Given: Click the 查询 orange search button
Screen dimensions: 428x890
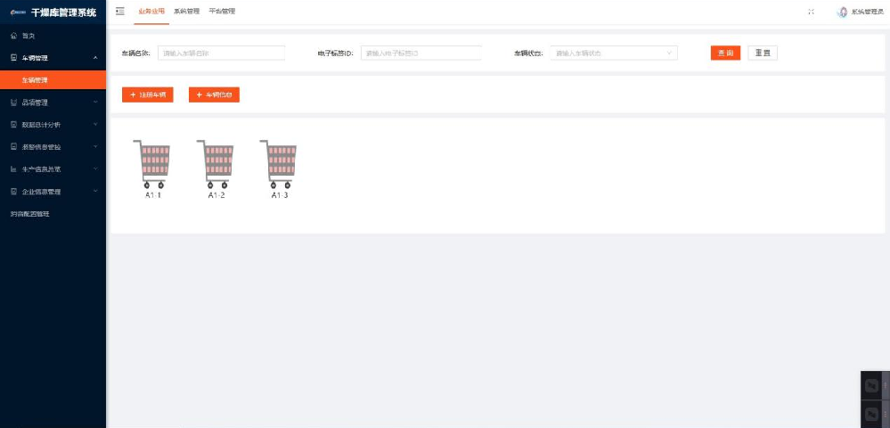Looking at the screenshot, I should (x=725, y=53).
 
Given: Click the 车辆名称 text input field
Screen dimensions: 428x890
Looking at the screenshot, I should (x=221, y=53).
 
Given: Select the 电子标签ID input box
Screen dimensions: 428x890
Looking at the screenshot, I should (x=421, y=53).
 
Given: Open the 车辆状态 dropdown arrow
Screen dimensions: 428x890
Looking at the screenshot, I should (x=669, y=53).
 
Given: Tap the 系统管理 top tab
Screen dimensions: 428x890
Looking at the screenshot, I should (x=186, y=12).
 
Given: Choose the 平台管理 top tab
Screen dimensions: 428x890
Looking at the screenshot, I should (x=222, y=12).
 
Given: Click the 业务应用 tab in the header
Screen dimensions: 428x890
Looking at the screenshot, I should (x=151, y=12).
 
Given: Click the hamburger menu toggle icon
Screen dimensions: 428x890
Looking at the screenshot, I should (x=120, y=12).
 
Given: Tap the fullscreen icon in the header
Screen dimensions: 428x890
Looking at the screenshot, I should (x=811, y=12).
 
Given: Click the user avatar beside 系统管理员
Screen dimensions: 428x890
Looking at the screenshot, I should (x=842, y=12).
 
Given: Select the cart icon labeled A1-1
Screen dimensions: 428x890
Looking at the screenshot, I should (x=151, y=164).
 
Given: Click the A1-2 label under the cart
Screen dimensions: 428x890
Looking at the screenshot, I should (x=216, y=195).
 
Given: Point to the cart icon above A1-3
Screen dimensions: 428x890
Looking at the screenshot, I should (x=279, y=164).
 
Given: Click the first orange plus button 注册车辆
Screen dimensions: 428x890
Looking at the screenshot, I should (x=147, y=95).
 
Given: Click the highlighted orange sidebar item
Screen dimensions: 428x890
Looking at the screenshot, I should (x=53, y=79).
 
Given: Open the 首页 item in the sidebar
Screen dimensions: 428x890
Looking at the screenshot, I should (x=29, y=36).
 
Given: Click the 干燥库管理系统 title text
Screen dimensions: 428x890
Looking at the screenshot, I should (x=63, y=12).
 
